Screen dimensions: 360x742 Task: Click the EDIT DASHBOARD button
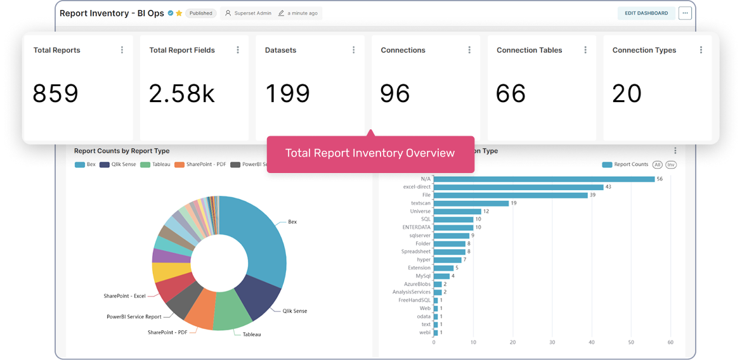[x=646, y=13]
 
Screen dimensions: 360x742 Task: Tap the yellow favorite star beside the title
[x=179, y=13]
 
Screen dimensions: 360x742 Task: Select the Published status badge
[x=201, y=13]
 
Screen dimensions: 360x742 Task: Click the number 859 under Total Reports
[x=56, y=94]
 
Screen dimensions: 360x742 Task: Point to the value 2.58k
[x=182, y=94]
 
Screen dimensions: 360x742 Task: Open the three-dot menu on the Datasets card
[x=353, y=50]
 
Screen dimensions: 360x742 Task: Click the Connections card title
[x=403, y=50]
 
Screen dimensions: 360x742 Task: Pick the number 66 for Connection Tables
[x=511, y=94]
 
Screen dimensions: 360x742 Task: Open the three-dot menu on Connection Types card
[x=701, y=50]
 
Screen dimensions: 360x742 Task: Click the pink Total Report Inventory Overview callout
[x=370, y=153]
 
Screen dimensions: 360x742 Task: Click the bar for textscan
[x=471, y=203]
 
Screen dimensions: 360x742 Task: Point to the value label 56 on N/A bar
[x=660, y=179]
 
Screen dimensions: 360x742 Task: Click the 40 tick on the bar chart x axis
[x=591, y=343]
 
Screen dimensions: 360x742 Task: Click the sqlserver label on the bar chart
[x=420, y=236]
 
